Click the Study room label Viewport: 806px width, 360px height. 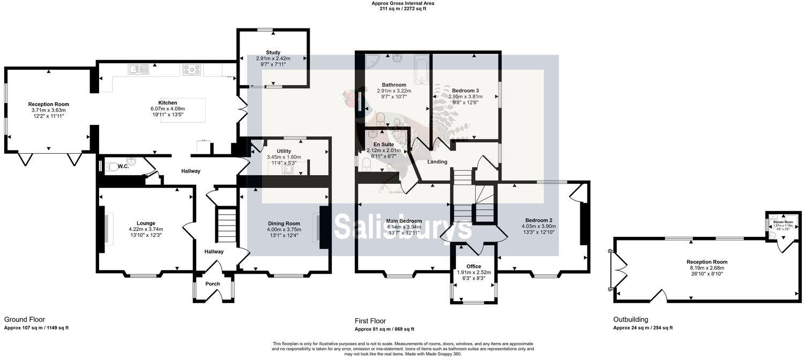pyautogui.click(x=273, y=52)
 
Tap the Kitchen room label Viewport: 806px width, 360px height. pyautogui.click(x=167, y=102)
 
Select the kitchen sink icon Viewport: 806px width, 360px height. pyautogui.click(x=138, y=69)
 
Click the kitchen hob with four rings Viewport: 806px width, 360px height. pyautogui.click(x=192, y=70)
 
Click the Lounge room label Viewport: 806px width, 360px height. pyautogui.click(x=146, y=223)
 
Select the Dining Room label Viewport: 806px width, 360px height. pyautogui.click(x=285, y=223)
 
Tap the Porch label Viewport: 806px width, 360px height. pyautogui.click(x=213, y=284)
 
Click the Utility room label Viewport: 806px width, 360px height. pyautogui.click(x=283, y=151)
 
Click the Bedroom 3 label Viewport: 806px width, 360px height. pyautogui.click(x=465, y=91)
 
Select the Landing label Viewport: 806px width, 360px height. pyautogui.click(x=437, y=162)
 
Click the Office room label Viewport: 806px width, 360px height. pyautogui.click(x=474, y=266)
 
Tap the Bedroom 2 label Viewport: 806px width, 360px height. pyautogui.click(x=539, y=220)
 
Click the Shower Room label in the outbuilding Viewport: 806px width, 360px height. pyautogui.click(x=782, y=221)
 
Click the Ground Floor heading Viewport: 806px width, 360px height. pyautogui.click(x=25, y=319)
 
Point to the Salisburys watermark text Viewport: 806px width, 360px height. pyautogui.click(x=402, y=228)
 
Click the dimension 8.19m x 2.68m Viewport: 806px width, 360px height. pyautogui.click(x=707, y=268)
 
